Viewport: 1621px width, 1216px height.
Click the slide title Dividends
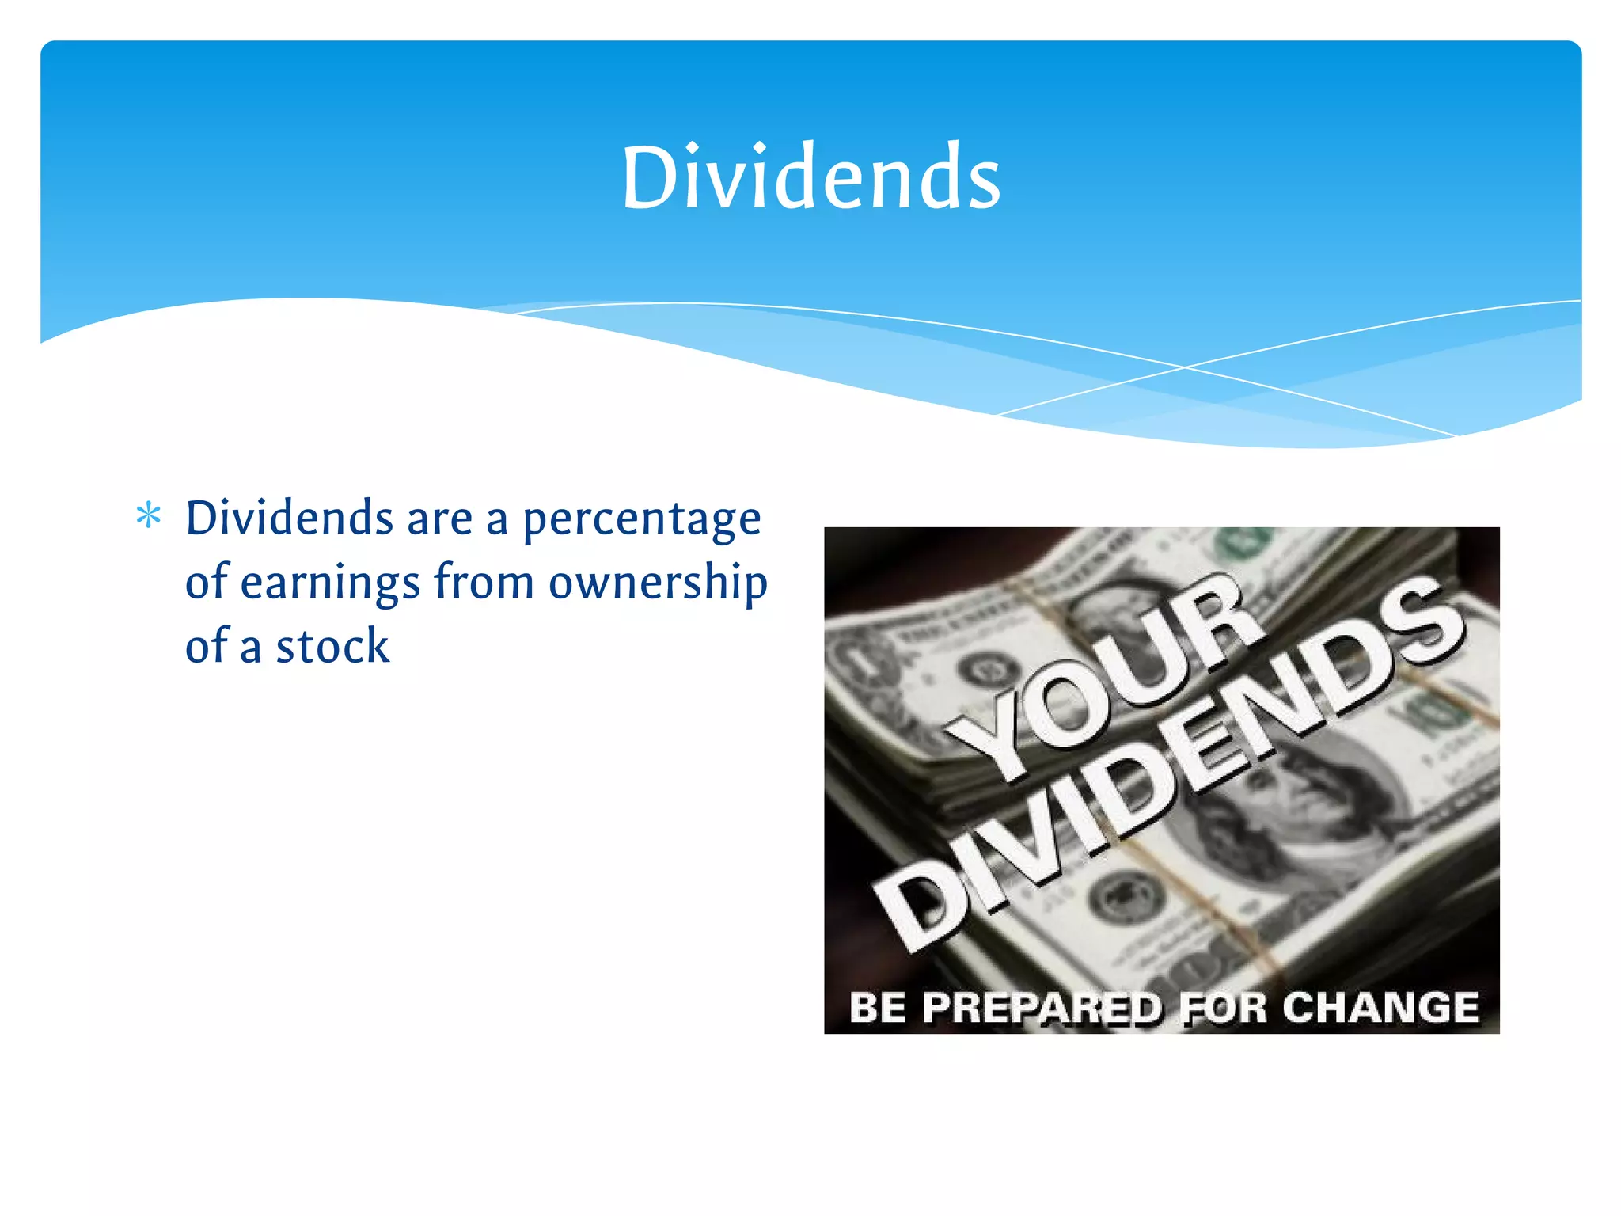pos(810,178)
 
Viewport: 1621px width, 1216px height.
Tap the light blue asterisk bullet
pos(149,516)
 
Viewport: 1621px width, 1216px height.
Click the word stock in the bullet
pos(332,647)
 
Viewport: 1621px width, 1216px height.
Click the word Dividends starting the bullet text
pos(289,519)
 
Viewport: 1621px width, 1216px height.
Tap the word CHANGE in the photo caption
pos(1380,1008)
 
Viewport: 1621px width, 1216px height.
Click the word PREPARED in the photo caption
pos(1042,1009)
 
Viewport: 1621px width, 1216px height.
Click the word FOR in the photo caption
pos(1224,1008)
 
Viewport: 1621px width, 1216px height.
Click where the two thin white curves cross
pos(1185,367)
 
